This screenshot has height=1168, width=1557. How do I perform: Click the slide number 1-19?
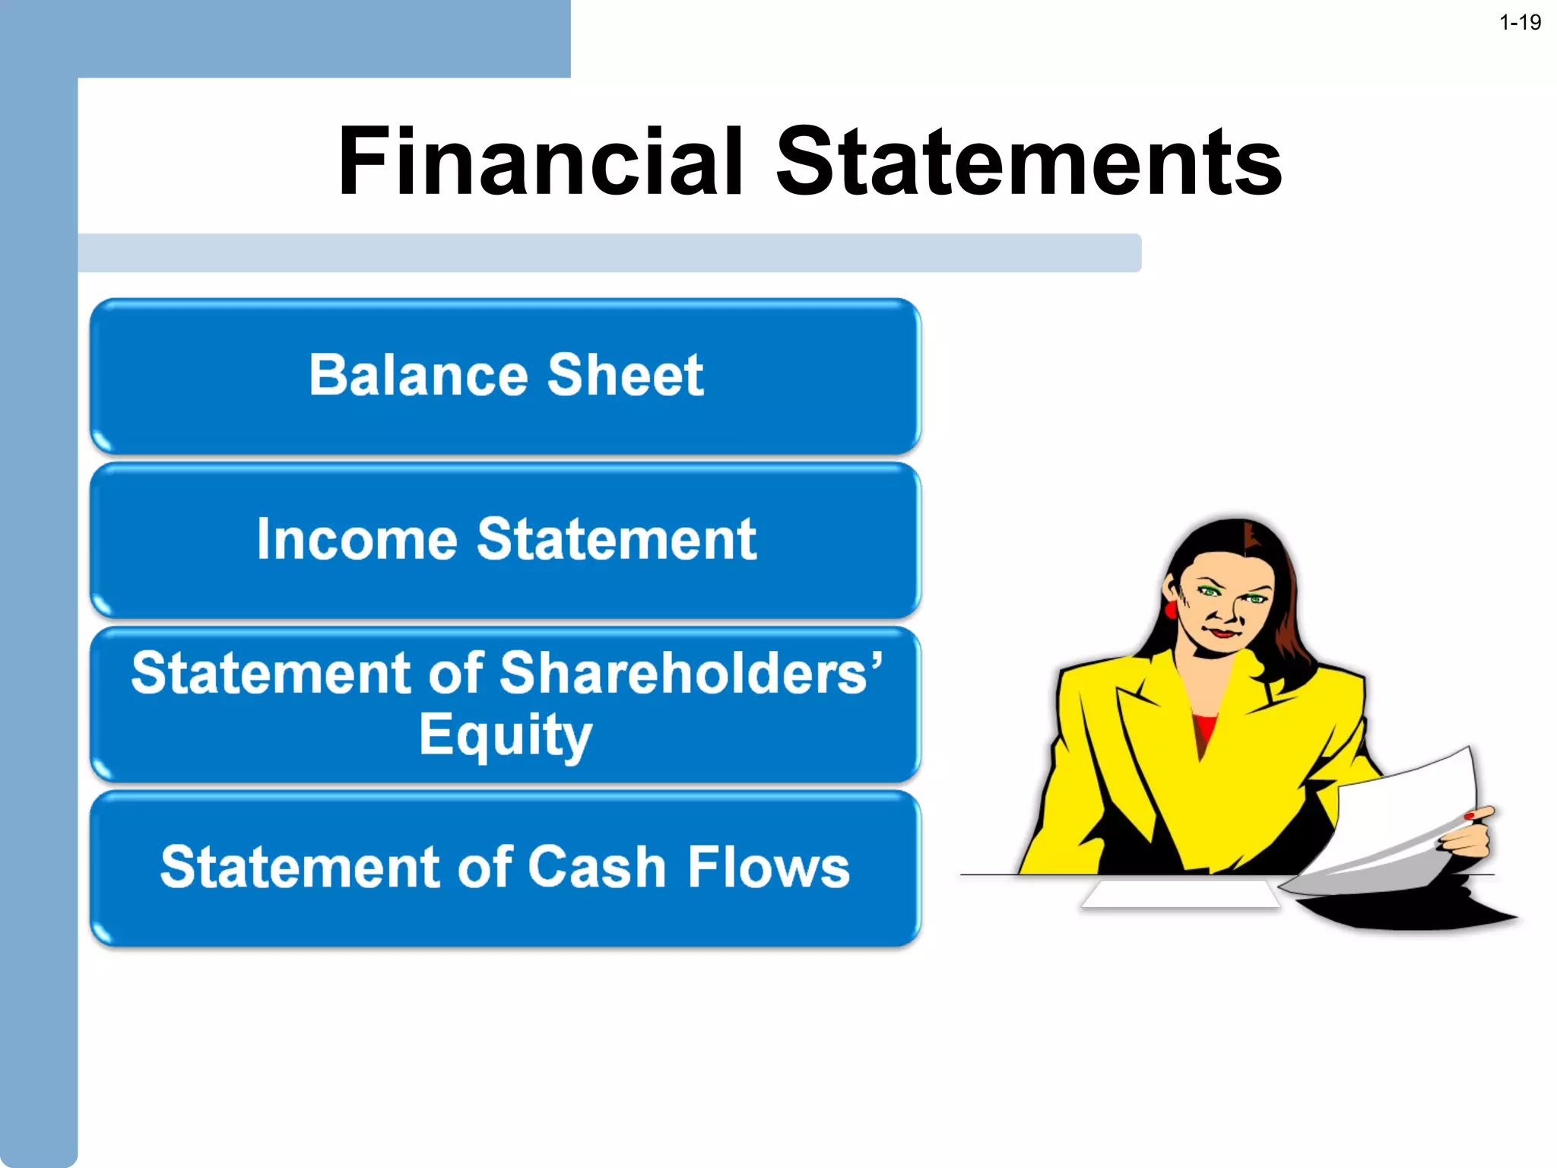click(1519, 23)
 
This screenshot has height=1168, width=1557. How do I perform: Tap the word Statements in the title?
click(1028, 161)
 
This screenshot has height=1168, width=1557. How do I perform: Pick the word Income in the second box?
click(357, 540)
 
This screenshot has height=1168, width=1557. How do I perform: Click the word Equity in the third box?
click(505, 736)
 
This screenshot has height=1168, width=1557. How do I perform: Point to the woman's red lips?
click(1222, 633)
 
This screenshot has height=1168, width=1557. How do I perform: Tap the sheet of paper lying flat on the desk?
click(1180, 894)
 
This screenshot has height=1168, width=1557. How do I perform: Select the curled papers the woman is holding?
click(1399, 821)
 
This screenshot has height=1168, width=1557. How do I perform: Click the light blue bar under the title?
click(608, 253)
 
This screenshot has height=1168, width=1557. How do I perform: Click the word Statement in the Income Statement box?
click(616, 540)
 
